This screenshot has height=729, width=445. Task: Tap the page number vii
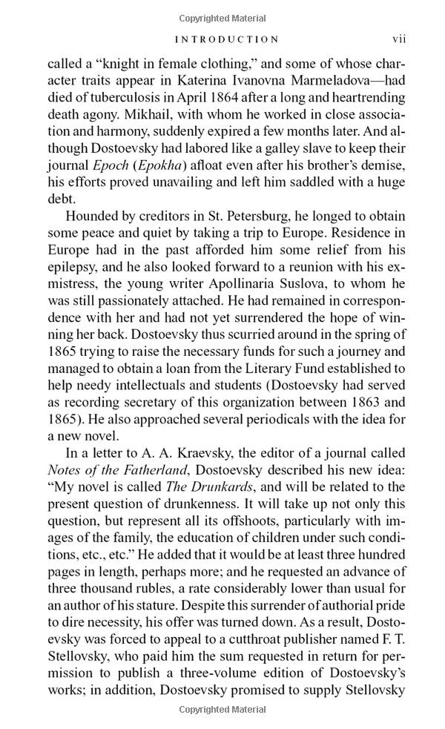click(x=398, y=39)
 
